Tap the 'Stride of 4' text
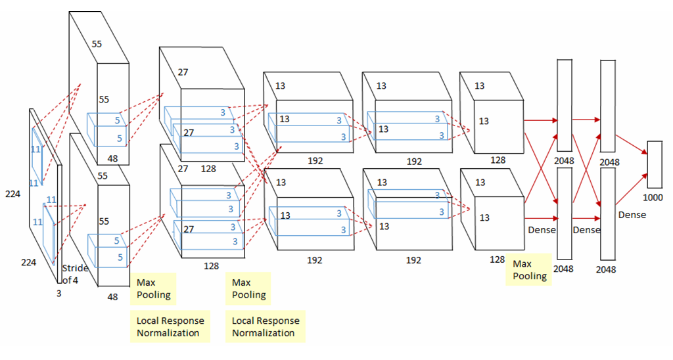pyautogui.click(x=73, y=274)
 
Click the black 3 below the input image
pyautogui.click(x=58, y=294)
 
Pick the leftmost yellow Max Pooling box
pyautogui.click(x=154, y=288)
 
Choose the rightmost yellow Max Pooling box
pyautogui.click(x=530, y=269)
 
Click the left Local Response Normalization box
pyautogui.click(x=170, y=326)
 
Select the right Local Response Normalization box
pyautogui.click(x=266, y=326)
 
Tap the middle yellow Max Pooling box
pyautogui.click(x=249, y=288)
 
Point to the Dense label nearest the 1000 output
pyautogui.click(x=632, y=215)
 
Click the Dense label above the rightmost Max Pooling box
pyautogui.click(x=542, y=230)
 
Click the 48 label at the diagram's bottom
pyautogui.click(x=113, y=297)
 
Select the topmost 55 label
pyautogui.click(x=97, y=44)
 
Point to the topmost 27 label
pyautogui.click(x=183, y=72)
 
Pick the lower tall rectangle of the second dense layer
pyautogui.click(x=607, y=214)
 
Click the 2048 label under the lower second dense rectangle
pyautogui.click(x=607, y=269)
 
